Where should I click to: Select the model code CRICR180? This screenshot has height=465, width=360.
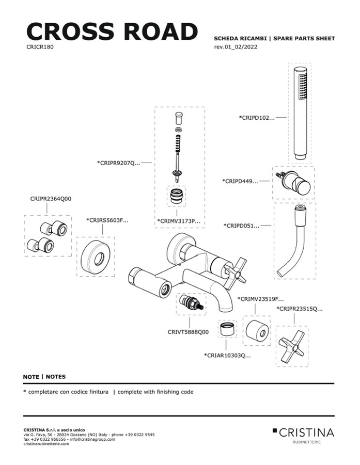click(40, 46)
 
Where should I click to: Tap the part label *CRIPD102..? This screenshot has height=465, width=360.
click(257, 118)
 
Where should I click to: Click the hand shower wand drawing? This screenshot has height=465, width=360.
click(300, 113)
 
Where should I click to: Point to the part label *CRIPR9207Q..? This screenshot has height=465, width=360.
click(119, 163)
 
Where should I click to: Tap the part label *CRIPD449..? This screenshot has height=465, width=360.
click(240, 181)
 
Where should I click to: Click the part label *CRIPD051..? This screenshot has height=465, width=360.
click(241, 226)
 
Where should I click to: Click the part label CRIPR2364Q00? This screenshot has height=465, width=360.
click(51, 198)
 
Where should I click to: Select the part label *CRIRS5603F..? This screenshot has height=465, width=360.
click(107, 220)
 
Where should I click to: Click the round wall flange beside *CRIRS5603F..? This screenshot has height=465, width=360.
click(96, 256)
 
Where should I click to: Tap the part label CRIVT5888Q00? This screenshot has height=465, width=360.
click(188, 332)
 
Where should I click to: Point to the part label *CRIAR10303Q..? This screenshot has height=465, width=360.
click(227, 355)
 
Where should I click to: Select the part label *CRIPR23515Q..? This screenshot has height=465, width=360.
click(300, 309)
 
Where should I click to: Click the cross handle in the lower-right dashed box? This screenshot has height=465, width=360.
click(292, 345)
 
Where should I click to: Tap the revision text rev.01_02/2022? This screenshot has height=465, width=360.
click(236, 47)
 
